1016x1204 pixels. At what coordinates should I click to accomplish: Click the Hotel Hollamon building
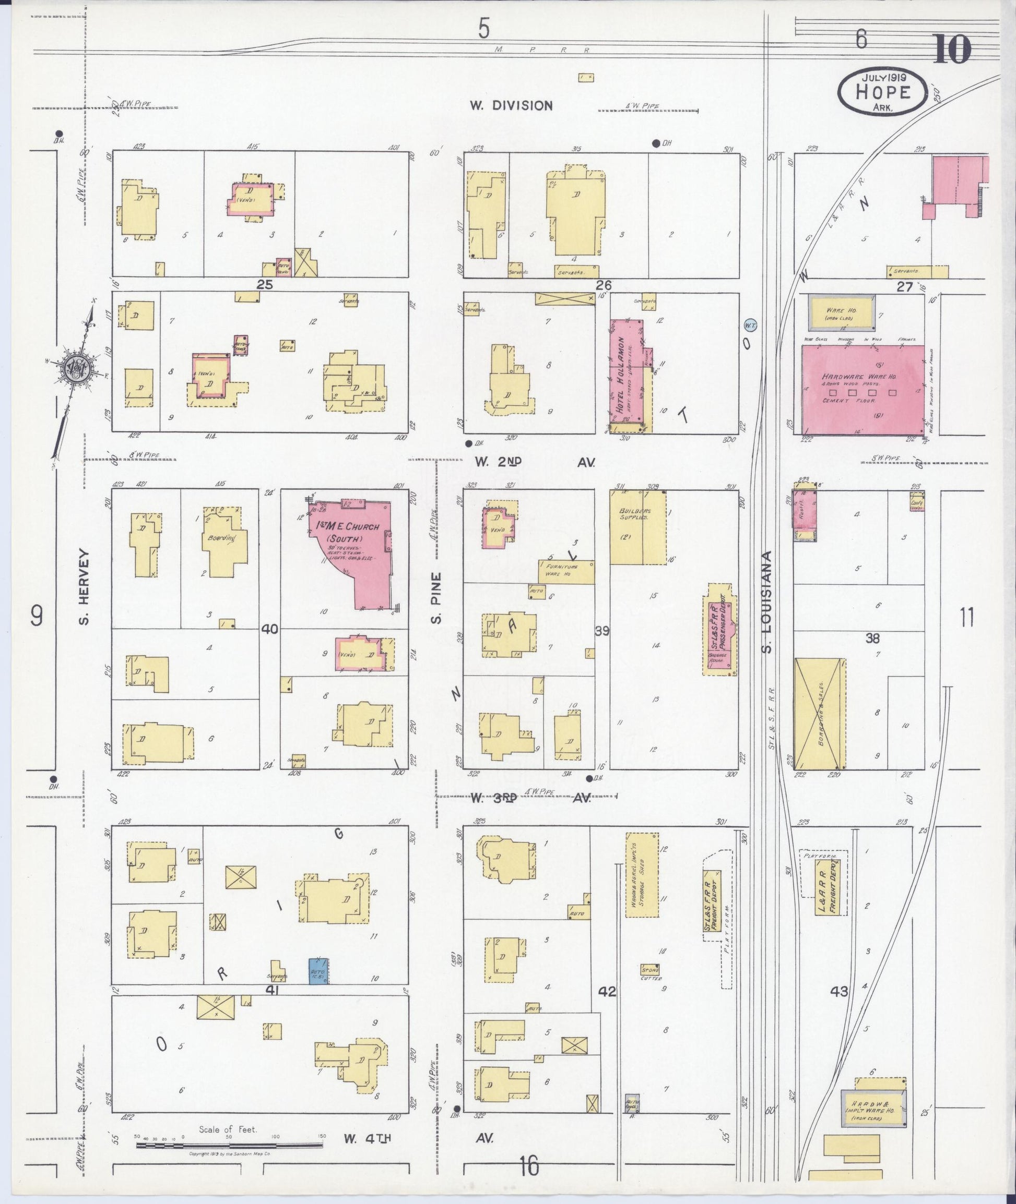click(x=627, y=377)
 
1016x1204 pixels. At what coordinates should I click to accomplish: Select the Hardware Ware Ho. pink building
click(x=862, y=390)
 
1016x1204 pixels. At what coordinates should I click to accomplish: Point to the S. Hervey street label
click(x=84, y=586)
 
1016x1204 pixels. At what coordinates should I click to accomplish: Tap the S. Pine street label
click(x=436, y=597)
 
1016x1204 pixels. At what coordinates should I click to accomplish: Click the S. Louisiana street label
click(x=766, y=602)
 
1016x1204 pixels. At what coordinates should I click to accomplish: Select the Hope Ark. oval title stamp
click(x=883, y=91)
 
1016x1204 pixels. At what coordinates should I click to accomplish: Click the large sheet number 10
click(x=952, y=50)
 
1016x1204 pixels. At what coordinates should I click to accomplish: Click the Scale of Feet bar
click(x=230, y=1145)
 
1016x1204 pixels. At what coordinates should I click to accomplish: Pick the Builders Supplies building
click(x=637, y=526)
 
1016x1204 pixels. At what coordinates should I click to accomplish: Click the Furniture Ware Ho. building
click(x=566, y=572)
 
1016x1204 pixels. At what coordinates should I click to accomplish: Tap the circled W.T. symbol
click(x=750, y=325)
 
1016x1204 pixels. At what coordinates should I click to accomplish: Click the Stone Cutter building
click(x=650, y=969)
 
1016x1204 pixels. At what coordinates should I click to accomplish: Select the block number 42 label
click(x=607, y=991)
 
